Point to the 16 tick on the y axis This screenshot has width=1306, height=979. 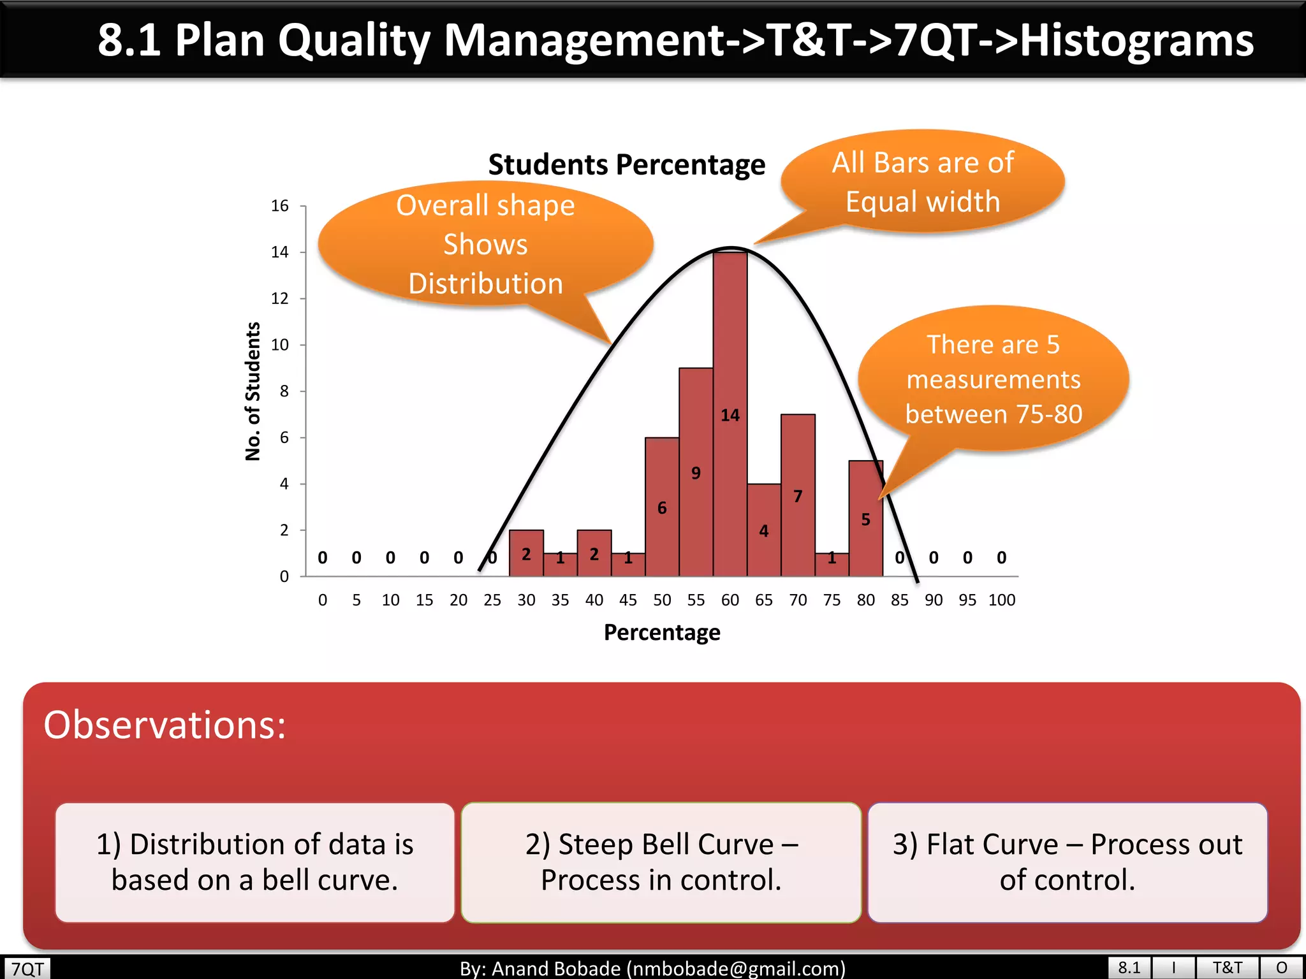coord(280,206)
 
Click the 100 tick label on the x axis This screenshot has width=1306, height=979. coord(1001,600)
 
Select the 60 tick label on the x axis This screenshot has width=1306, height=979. coord(730,600)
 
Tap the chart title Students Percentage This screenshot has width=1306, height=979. coord(626,164)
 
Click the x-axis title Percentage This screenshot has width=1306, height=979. coord(662,632)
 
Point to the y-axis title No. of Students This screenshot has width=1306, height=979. coord(253,391)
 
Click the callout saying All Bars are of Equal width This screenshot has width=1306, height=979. coord(922,182)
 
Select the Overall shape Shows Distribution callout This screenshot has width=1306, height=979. coord(485,245)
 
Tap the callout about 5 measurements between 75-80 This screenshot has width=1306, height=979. coord(993,379)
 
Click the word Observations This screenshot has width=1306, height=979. coord(165,725)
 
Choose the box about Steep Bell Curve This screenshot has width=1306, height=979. coord(661,862)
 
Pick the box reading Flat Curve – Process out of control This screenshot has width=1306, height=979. coord(1067,862)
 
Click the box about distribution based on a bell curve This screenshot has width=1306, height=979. coord(254,862)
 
